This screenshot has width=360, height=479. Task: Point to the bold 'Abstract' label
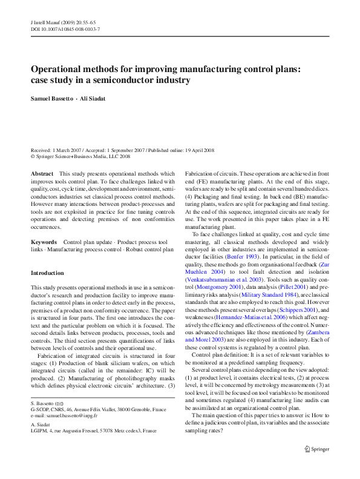(42, 173)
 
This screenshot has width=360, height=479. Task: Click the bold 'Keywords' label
(44, 242)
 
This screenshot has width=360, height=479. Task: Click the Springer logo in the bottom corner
(318, 449)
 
